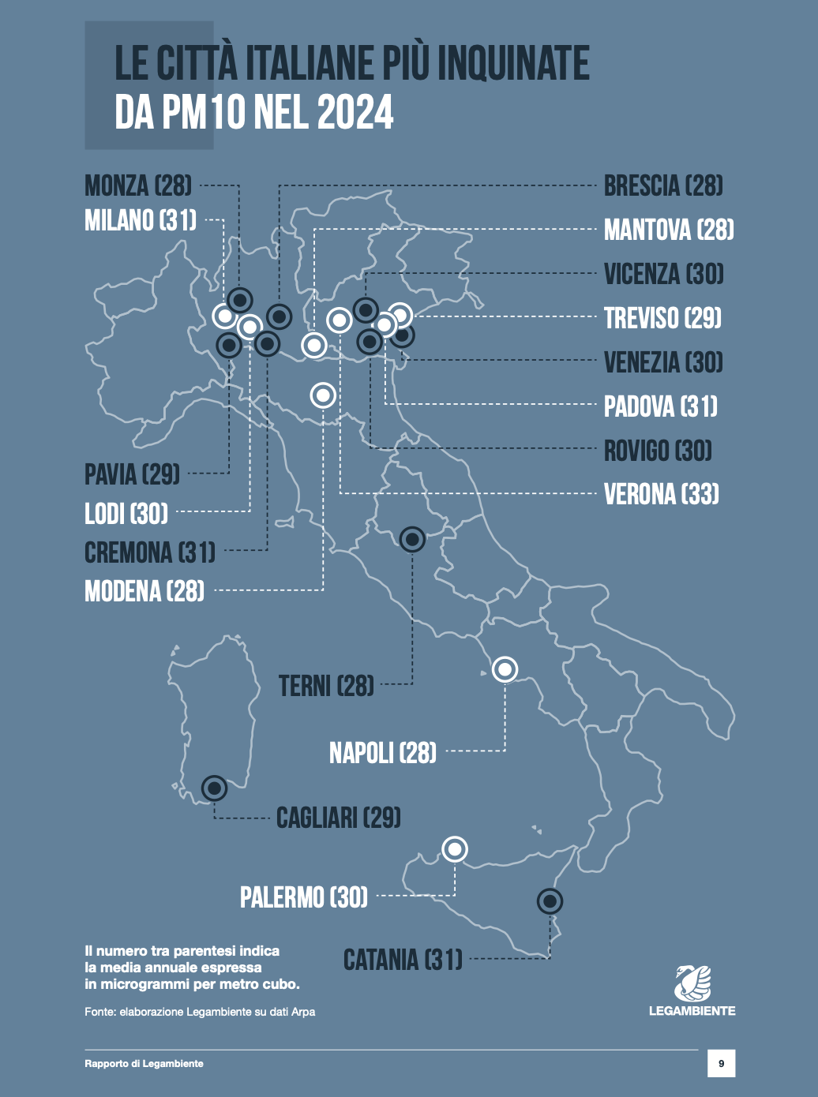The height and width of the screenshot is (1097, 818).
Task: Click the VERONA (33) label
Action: point(661,495)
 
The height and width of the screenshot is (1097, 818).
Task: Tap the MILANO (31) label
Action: point(141,220)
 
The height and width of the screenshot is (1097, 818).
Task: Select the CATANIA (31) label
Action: point(403,960)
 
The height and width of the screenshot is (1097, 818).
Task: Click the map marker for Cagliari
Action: point(214,788)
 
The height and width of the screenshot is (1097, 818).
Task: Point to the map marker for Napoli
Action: point(505,669)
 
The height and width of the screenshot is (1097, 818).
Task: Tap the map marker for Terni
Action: point(412,539)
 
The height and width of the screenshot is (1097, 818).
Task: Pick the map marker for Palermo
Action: point(455,849)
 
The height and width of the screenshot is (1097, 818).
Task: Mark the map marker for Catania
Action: point(550,900)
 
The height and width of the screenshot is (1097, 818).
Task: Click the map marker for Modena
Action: point(323,395)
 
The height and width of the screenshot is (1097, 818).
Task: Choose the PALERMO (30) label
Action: point(304,897)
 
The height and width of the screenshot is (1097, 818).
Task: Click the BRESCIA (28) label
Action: point(663,186)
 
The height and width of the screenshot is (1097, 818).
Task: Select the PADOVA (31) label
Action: point(661,406)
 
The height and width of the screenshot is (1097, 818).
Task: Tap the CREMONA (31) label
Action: point(150,552)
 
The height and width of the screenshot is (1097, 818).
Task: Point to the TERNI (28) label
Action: point(326,686)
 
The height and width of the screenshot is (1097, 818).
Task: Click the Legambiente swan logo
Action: point(692,983)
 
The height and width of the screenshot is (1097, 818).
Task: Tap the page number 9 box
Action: point(721,1064)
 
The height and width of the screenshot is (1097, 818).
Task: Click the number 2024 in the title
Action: point(356,112)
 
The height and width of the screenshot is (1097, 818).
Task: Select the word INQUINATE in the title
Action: point(513,63)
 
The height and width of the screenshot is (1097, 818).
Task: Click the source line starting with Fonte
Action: point(200,1012)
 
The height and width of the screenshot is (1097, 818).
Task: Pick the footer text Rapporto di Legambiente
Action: point(144,1064)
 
